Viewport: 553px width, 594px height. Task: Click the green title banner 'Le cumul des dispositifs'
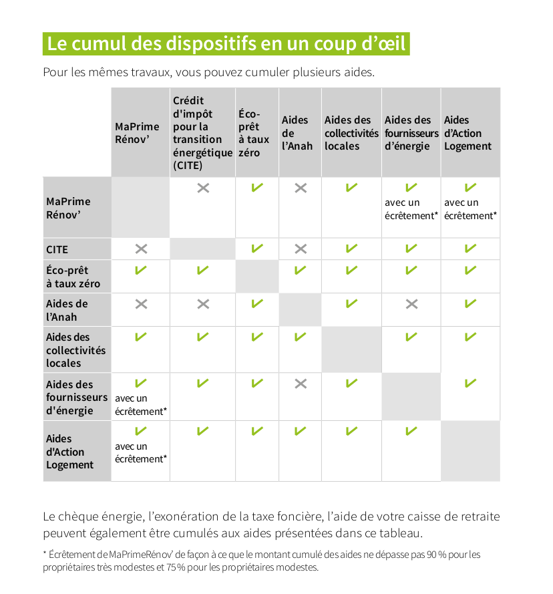(226, 43)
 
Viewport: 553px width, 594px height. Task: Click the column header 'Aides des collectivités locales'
(351, 133)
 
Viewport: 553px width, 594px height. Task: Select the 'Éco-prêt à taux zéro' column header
(253, 133)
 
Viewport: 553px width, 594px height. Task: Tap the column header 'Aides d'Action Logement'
(468, 133)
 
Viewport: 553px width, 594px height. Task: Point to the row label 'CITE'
(57, 250)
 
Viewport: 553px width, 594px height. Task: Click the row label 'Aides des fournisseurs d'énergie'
(77, 398)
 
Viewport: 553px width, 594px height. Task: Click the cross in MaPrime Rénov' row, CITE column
(204, 188)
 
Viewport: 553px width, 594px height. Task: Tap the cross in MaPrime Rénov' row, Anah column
(301, 188)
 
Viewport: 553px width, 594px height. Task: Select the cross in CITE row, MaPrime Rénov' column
(142, 249)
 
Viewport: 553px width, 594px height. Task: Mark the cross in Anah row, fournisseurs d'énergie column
(411, 304)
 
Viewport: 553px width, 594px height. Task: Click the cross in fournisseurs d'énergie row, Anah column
(301, 384)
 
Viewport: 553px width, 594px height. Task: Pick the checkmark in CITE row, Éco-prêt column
(257, 249)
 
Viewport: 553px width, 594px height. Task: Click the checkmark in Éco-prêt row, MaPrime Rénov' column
(141, 270)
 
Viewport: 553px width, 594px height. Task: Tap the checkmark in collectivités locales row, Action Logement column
(470, 337)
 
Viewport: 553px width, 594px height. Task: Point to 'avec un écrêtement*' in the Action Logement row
(141, 453)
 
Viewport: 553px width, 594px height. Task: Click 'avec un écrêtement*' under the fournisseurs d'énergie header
(411, 209)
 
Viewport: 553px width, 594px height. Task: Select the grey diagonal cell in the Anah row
(301, 310)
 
